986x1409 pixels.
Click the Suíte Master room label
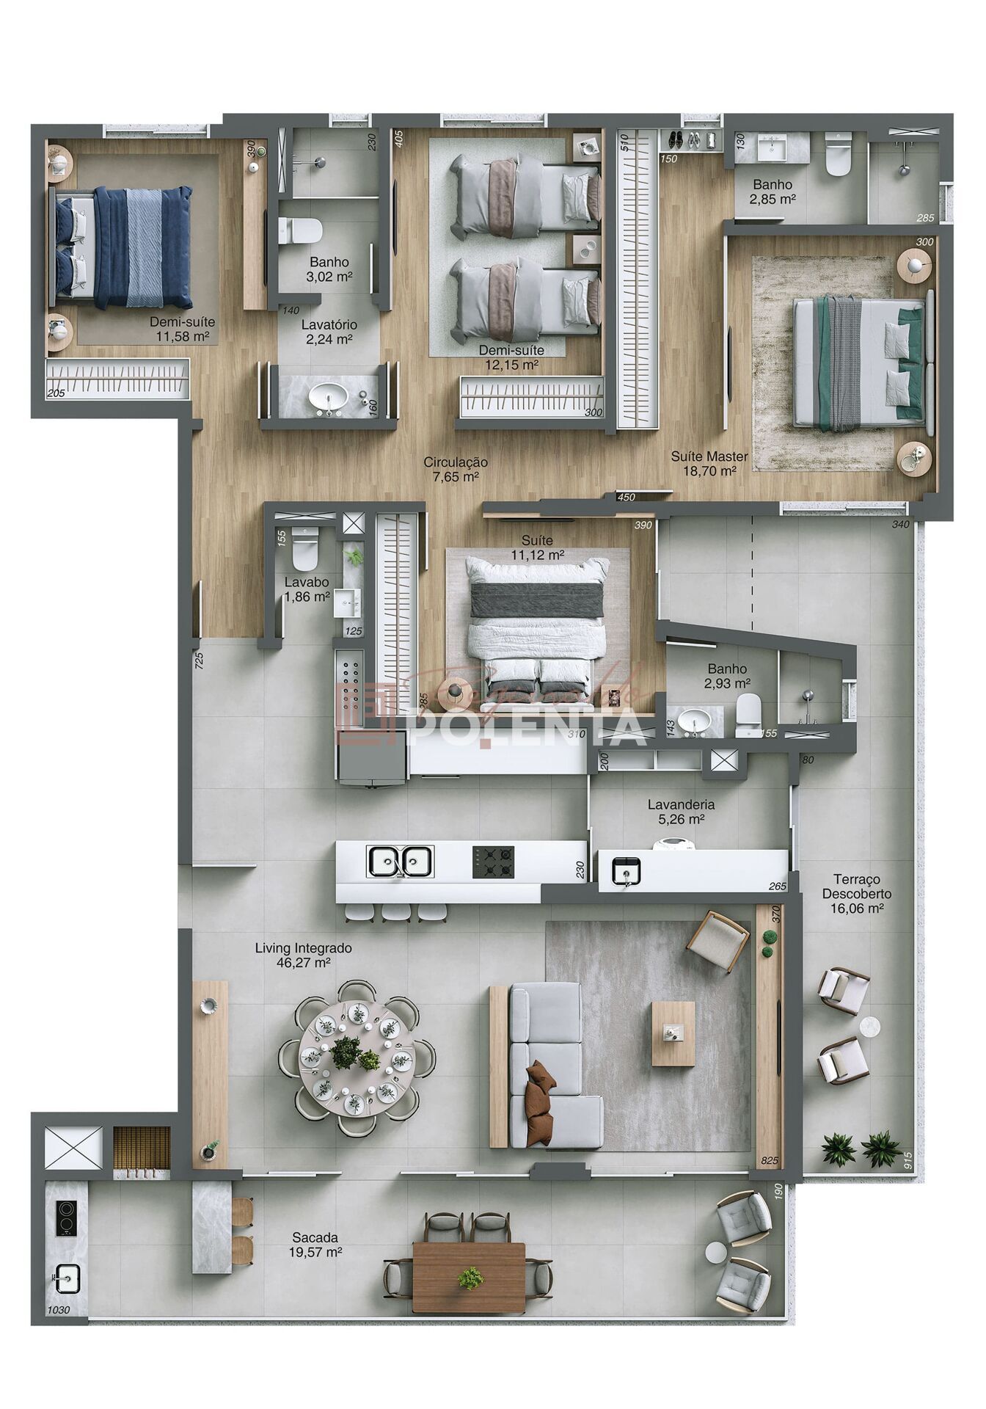coord(709,463)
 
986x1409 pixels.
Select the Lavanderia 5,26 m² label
coord(681,812)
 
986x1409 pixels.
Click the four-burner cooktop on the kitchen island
coord(493,862)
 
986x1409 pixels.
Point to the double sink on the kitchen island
coord(400,862)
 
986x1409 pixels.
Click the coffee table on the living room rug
coord(673,1033)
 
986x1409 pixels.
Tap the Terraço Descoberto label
coord(856,893)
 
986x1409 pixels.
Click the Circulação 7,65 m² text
coord(455,469)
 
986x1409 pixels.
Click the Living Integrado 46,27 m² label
coord(303,955)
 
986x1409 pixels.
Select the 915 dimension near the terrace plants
coord(908,1159)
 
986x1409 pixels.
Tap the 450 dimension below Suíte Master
coord(626,497)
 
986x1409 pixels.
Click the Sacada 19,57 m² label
coord(315,1245)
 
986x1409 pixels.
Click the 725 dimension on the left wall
coord(199,659)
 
